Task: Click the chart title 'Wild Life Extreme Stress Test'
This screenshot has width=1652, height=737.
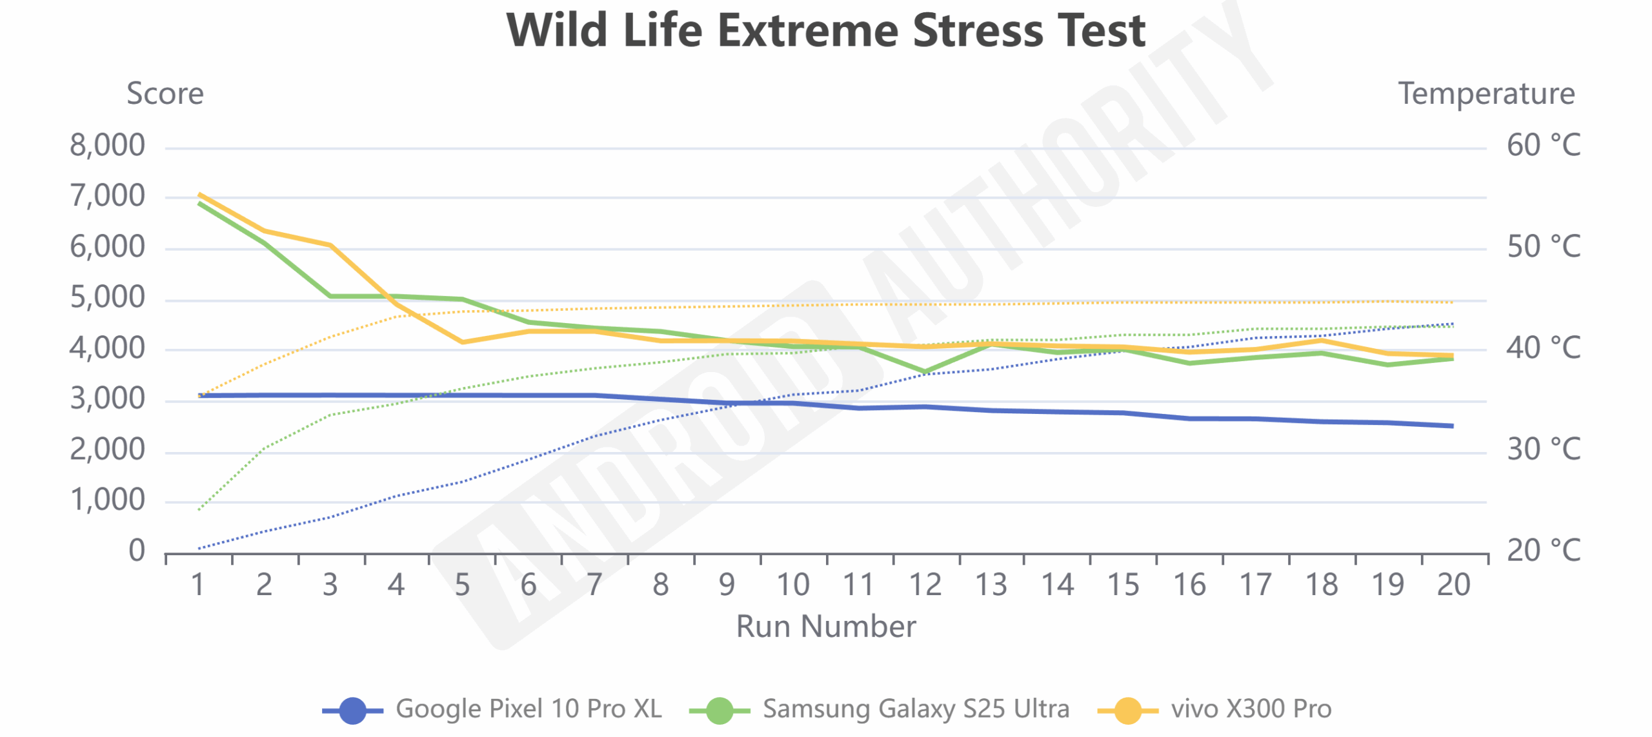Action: click(825, 31)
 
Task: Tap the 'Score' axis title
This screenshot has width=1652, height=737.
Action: click(165, 94)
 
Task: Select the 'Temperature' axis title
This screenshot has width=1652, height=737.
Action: click(1486, 94)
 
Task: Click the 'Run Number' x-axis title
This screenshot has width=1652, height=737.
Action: click(825, 627)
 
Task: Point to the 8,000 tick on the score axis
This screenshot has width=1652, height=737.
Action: click(107, 146)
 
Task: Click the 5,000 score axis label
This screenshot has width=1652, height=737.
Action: click(107, 298)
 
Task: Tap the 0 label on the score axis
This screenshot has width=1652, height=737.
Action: click(137, 551)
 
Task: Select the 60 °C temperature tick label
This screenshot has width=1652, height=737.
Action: click(1543, 146)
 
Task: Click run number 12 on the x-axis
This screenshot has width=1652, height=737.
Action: click(925, 585)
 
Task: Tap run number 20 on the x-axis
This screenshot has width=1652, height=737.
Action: click(1453, 585)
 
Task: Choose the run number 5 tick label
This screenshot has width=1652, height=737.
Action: click(462, 585)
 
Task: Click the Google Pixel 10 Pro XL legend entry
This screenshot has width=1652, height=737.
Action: click(493, 709)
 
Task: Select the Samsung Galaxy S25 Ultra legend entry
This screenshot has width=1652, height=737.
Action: click(880, 709)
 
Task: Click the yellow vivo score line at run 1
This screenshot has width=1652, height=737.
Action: click(199, 194)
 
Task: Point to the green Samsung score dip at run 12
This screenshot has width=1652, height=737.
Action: click(925, 372)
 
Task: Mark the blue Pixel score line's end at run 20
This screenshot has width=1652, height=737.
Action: click(1452, 426)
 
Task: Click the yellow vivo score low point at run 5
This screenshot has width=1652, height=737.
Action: click(462, 342)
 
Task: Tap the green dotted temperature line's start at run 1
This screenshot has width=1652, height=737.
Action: click(199, 510)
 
